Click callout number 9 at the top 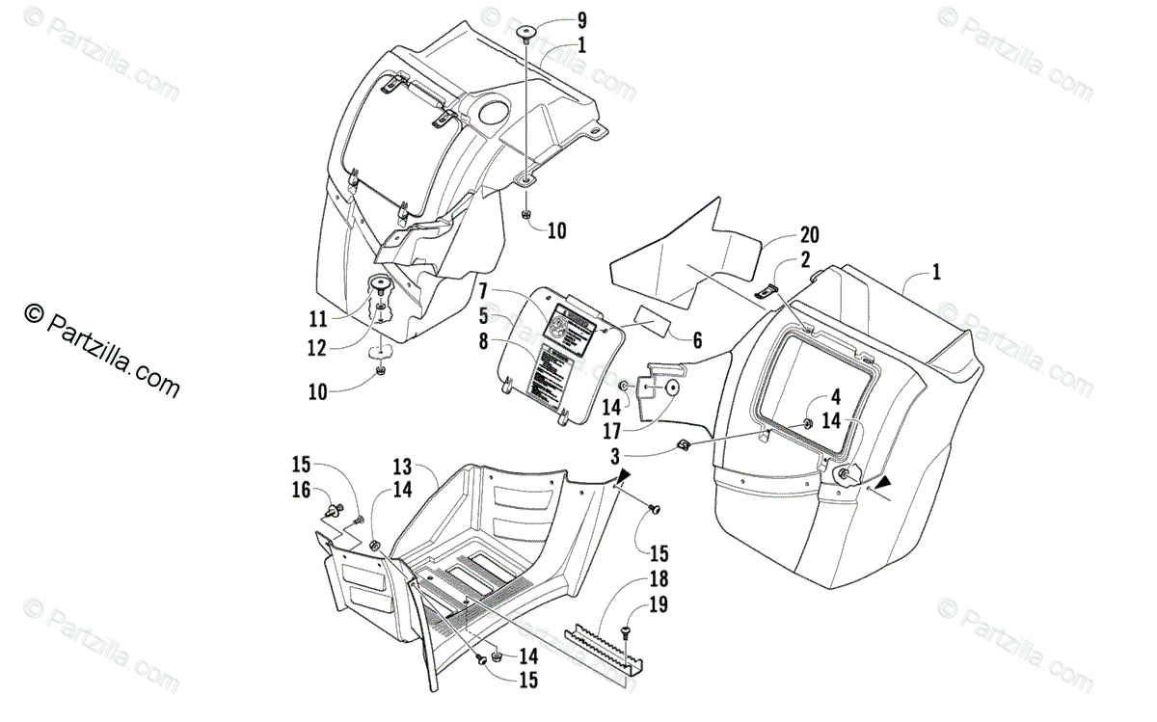pyautogui.click(x=581, y=20)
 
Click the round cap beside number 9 pyautogui.click(x=527, y=35)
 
